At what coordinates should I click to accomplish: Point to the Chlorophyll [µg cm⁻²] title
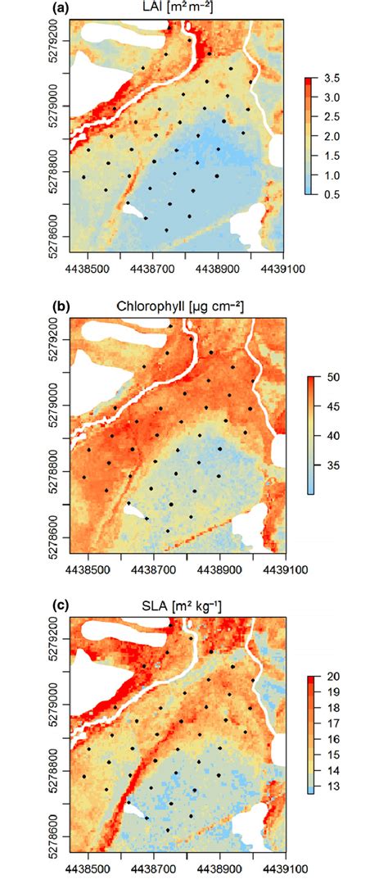176,307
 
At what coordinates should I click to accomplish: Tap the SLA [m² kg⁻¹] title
176,606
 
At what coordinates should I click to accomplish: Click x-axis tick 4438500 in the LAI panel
88,266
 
